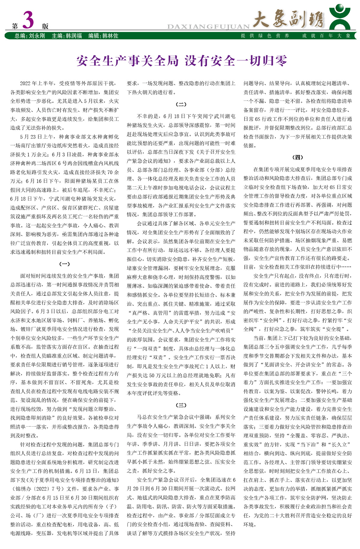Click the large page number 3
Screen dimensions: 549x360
click(x=28, y=20)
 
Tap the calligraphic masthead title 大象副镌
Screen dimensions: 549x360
click(x=288, y=19)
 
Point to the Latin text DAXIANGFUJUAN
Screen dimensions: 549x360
click(x=208, y=27)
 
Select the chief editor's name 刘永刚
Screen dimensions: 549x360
click(x=37, y=36)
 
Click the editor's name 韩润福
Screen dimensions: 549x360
click(x=74, y=36)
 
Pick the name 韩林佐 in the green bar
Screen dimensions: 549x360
click(x=110, y=36)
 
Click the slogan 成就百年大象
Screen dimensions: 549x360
click(x=326, y=36)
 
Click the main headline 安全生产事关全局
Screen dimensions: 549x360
click(x=128, y=61)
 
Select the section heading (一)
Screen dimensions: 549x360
click(x=64, y=264)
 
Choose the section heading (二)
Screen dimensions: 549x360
click(x=181, y=104)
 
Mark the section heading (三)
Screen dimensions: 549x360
click(x=181, y=405)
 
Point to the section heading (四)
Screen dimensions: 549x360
click(x=297, y=157)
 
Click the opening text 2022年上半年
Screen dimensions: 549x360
click(x=37, y=83)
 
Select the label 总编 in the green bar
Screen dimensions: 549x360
click(x=20, y=36)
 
